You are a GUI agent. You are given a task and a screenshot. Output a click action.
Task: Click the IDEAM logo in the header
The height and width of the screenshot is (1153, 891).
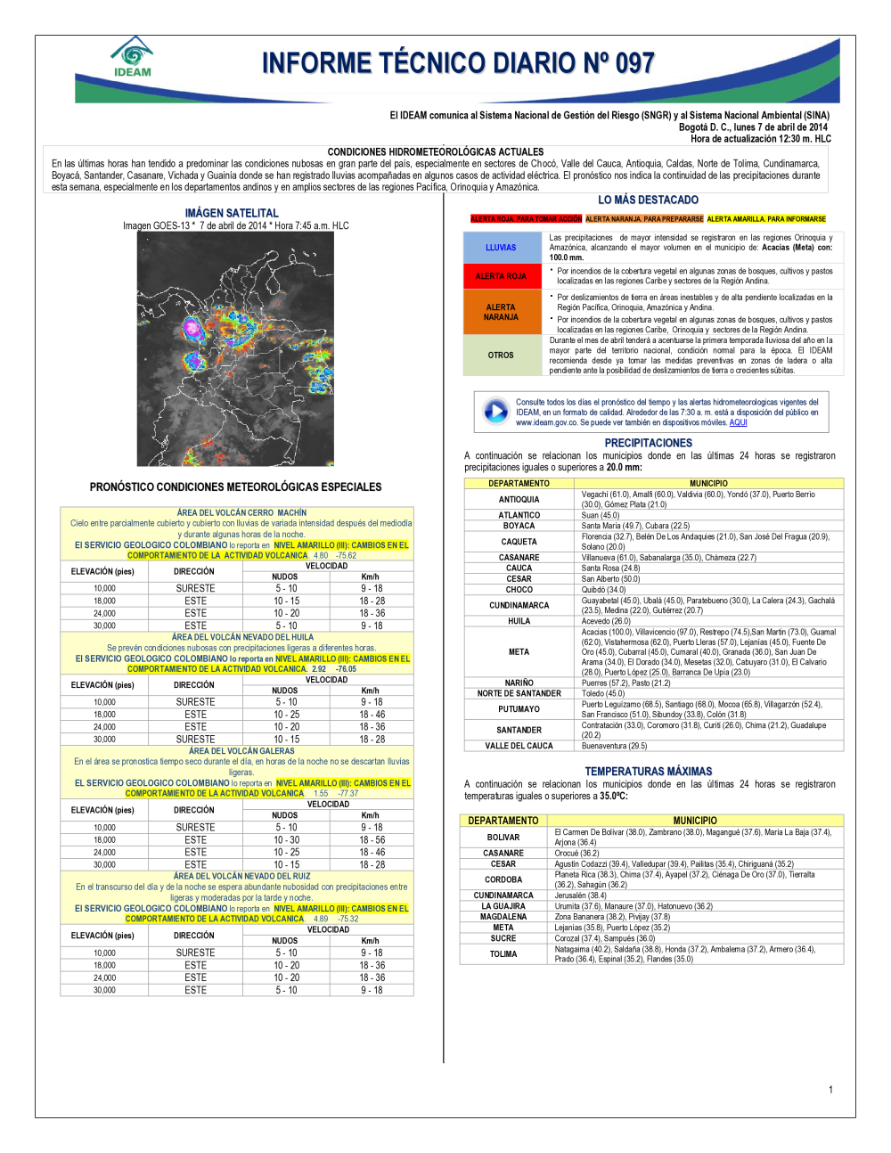tap(132, 57)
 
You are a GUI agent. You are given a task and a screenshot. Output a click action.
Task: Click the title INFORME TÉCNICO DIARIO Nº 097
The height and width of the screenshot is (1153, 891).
tap(458, 63)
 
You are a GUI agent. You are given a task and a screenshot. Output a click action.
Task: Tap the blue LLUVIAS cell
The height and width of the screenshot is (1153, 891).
tap(501, 247)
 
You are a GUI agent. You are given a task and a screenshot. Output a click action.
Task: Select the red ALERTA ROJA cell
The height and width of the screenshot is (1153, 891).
tap(501, 276)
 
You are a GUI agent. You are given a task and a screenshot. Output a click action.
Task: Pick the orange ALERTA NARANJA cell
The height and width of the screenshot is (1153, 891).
tap(501, 312)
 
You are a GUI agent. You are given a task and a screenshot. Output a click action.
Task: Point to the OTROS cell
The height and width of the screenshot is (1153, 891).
tap(501, 355)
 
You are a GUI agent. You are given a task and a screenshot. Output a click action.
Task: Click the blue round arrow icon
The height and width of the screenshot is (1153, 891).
tap(495, 411)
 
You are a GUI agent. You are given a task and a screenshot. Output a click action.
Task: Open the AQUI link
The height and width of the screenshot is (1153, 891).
tap(738, 422)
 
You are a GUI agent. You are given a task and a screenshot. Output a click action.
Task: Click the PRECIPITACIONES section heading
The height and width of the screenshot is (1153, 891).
tap(648, 443)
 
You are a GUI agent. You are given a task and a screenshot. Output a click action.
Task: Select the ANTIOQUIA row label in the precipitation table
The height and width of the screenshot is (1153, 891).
tap(519, 500)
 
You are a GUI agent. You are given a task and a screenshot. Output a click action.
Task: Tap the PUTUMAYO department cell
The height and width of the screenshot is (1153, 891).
tap(519, 709)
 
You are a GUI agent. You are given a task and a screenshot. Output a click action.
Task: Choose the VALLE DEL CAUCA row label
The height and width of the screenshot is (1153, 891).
tap(519, 746)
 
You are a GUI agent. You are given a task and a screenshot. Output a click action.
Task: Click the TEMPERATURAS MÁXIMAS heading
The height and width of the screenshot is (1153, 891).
tap(648, 772)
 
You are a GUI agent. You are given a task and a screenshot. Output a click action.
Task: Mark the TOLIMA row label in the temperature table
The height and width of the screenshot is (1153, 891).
tap(503, 954)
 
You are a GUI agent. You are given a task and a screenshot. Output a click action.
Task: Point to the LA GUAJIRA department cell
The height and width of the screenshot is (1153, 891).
tap(503, 906)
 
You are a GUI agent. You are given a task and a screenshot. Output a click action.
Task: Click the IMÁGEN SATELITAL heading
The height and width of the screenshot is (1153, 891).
tap(232, 213)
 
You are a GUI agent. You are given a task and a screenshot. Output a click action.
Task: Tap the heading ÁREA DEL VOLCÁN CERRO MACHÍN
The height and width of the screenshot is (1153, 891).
tap(241, 513)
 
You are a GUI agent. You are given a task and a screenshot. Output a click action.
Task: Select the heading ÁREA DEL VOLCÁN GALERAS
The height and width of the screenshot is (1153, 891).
tap(241, 751)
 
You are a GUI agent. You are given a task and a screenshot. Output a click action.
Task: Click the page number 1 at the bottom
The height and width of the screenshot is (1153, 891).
tap(830, 1090)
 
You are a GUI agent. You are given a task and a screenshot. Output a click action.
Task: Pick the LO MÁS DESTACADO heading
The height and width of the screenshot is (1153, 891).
tap(648, 200)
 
